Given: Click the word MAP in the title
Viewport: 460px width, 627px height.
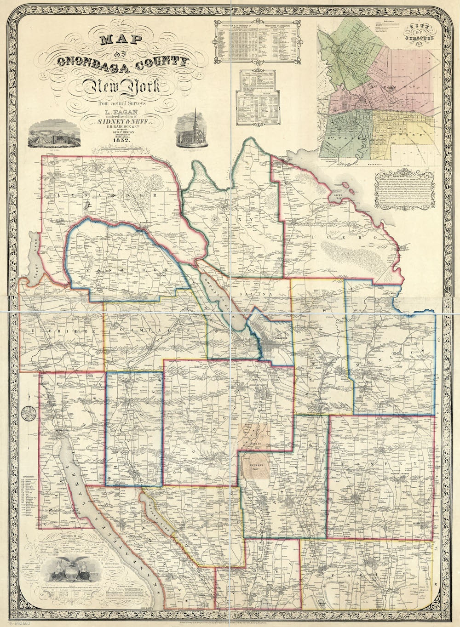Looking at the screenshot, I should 117,40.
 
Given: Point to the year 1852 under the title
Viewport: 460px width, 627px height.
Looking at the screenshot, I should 119,140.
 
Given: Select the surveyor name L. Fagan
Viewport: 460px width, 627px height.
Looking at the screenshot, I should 119,111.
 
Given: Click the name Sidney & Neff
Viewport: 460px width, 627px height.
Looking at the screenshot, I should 119,121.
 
